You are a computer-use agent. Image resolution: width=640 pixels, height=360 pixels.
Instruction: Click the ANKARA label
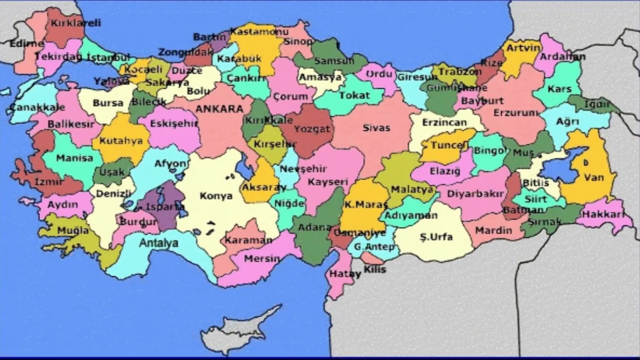220,109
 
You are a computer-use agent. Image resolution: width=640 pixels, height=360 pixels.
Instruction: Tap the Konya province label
216,196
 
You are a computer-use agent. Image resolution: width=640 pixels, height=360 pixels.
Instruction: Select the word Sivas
376,128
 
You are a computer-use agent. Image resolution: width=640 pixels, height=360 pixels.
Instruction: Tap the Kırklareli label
76,23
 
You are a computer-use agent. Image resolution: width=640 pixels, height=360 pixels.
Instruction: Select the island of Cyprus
247,324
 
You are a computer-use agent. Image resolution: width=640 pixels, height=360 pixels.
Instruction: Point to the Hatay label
339,273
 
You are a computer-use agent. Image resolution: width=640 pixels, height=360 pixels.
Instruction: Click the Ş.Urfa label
436,237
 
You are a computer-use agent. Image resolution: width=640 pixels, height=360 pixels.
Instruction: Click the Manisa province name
74,158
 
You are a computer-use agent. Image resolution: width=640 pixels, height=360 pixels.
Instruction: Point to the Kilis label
374,270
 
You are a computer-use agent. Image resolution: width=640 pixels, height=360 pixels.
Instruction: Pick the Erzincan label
444,122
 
